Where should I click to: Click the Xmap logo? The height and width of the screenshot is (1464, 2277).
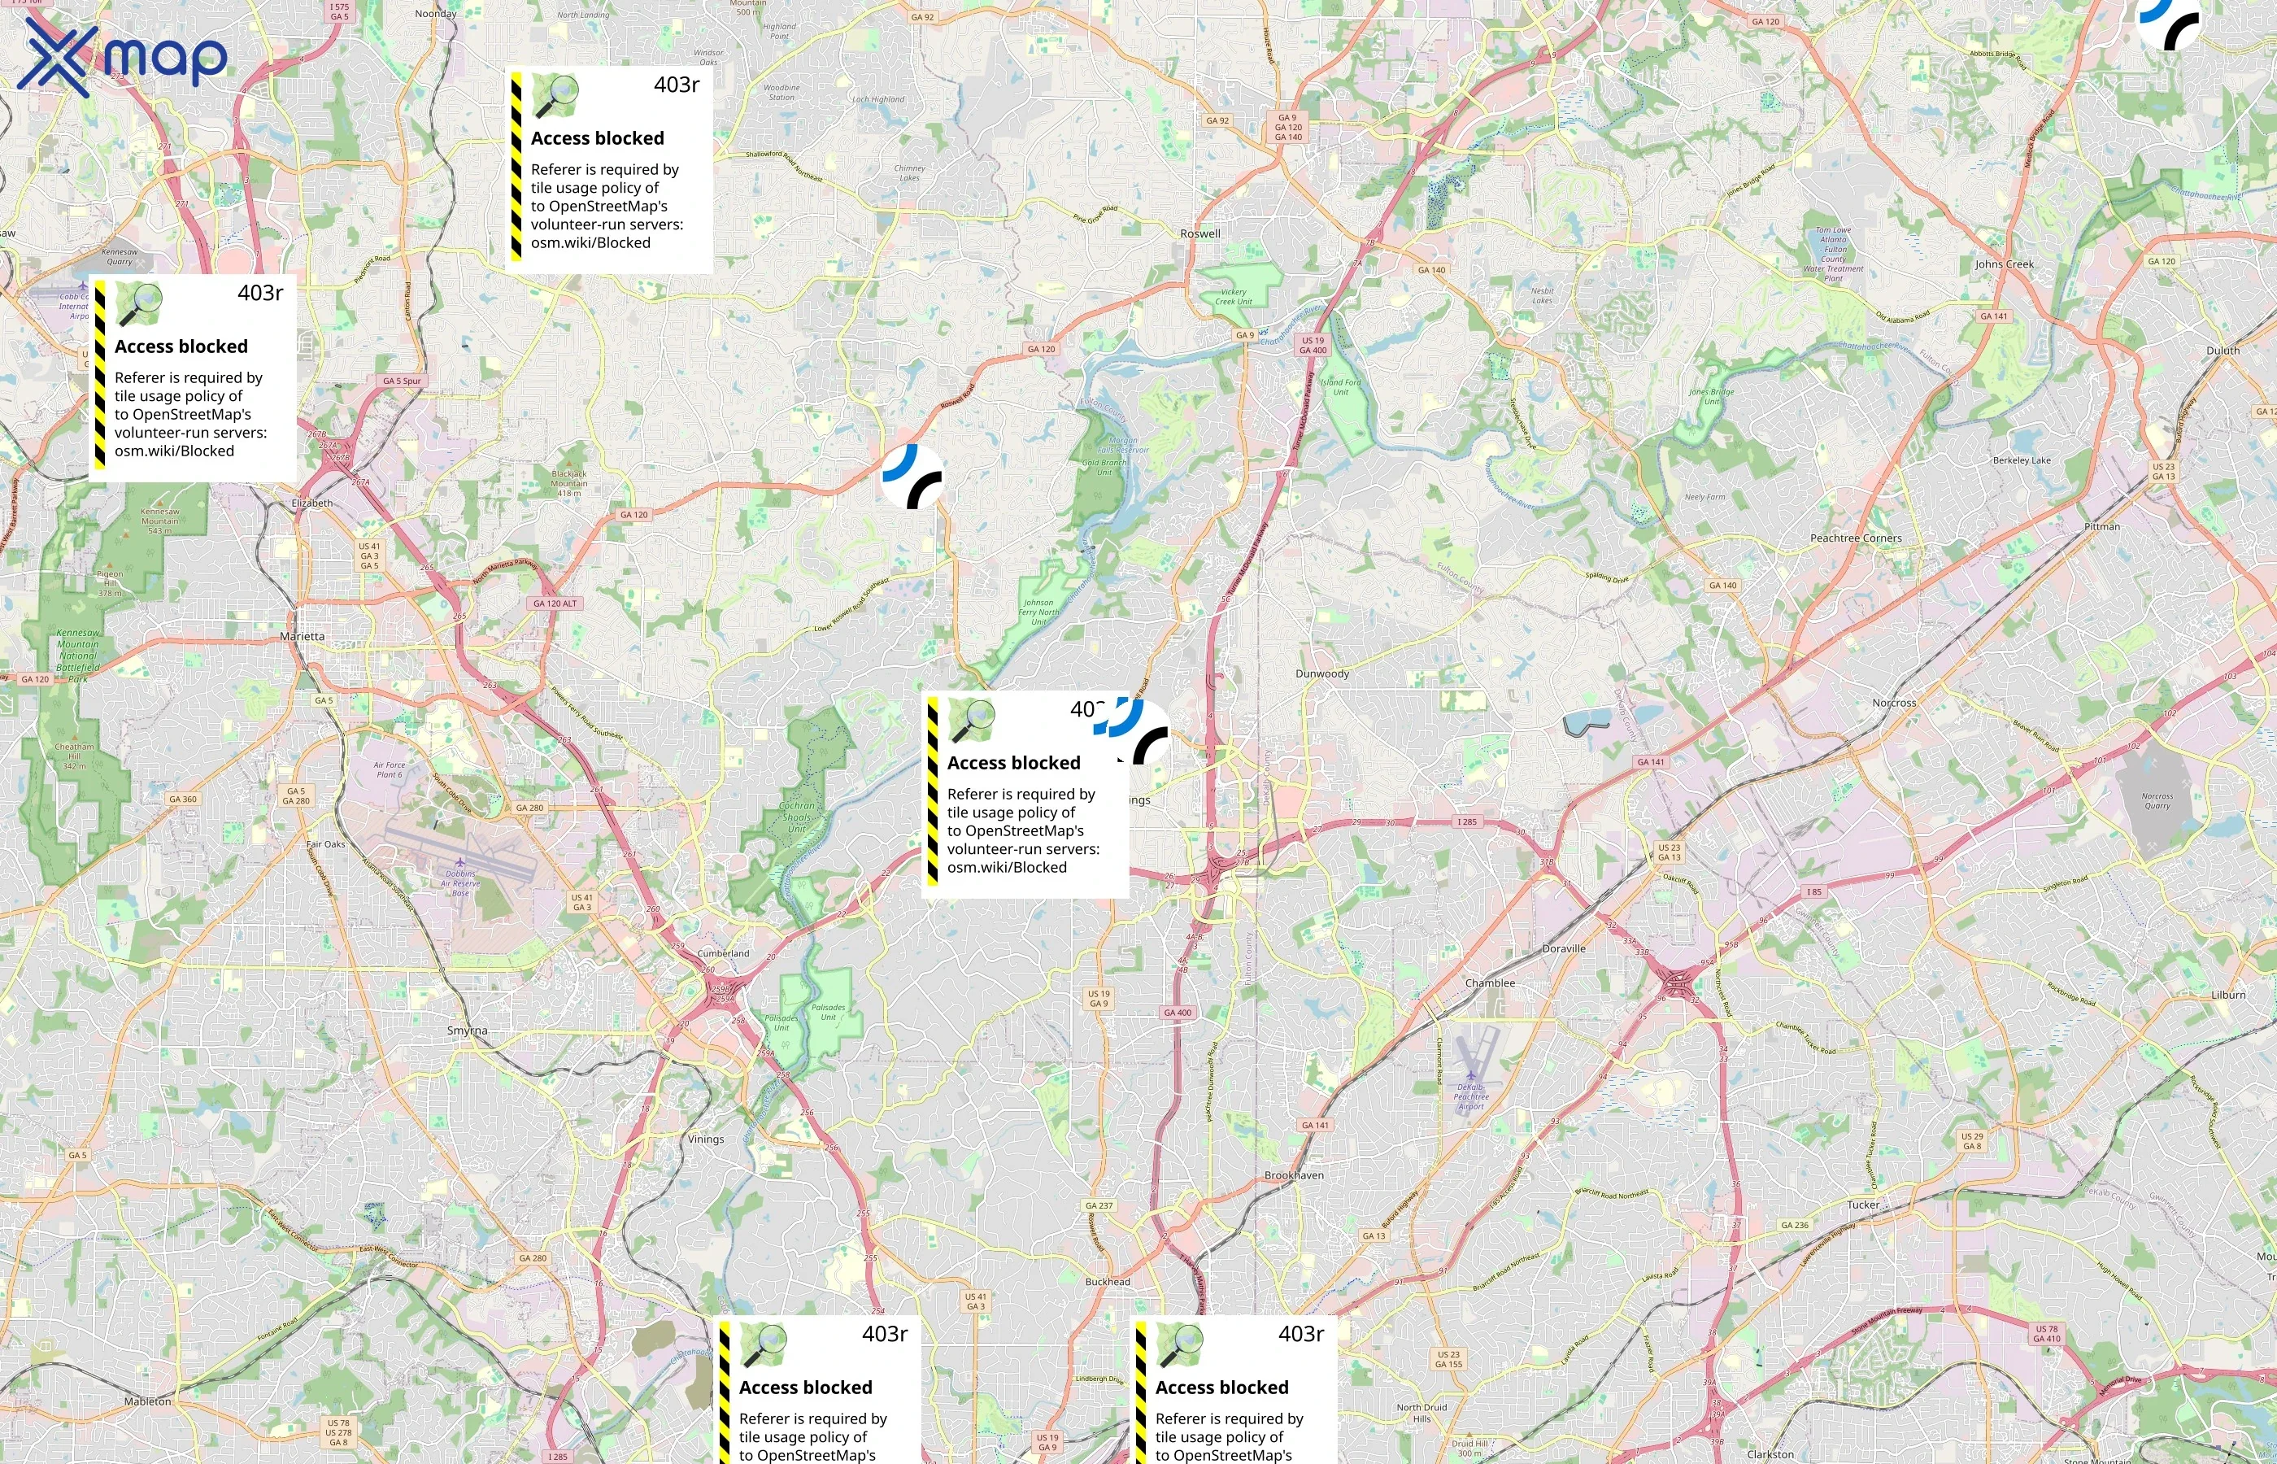(x=122, y=57)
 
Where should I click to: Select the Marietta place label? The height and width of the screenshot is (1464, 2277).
(x=303, y=637)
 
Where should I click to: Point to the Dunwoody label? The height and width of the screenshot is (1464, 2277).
(x=1322, y=674)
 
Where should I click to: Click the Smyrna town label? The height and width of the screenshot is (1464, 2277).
(x=467, y=1030)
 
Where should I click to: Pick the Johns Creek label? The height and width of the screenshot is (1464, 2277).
(x=2005, y=264)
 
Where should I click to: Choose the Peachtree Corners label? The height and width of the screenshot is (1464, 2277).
(x=1856, y=538)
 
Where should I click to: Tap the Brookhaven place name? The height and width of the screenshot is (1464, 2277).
(x=1293, y=1176)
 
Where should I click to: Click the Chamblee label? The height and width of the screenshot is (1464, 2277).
(x=1490, y=983)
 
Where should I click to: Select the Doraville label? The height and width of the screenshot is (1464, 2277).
(x=1563, y=948)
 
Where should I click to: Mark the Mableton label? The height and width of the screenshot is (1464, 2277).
(x=147, y=1401)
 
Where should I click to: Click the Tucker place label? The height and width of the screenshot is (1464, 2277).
(x=1862, y=1205)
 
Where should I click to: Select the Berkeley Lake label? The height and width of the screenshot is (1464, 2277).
(x=2022, y=460)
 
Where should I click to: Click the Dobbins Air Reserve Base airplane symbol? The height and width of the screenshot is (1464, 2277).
(x=460, y=863)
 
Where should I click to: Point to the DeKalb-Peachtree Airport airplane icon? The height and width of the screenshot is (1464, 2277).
(x=1471, y=1076)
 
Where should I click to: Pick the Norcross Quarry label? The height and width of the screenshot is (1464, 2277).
(x=2157, y=800)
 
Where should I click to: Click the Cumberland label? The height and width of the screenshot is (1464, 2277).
(x=723, y=953)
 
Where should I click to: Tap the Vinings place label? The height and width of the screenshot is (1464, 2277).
(x=705, y=1139)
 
